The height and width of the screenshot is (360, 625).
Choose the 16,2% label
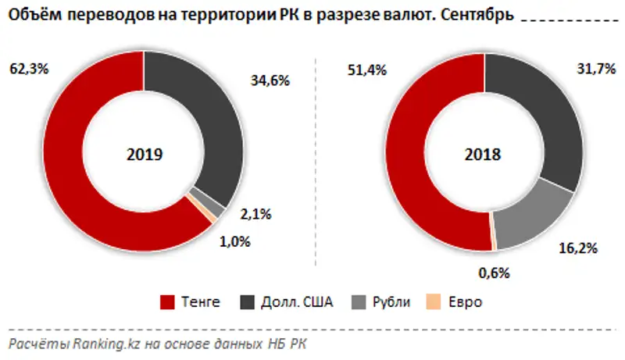coord(578,249)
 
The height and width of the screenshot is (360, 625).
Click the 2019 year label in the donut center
coord(145,155)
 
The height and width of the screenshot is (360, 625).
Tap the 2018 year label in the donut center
coord(484,155)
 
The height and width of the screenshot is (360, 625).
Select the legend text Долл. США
coord(302,302)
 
